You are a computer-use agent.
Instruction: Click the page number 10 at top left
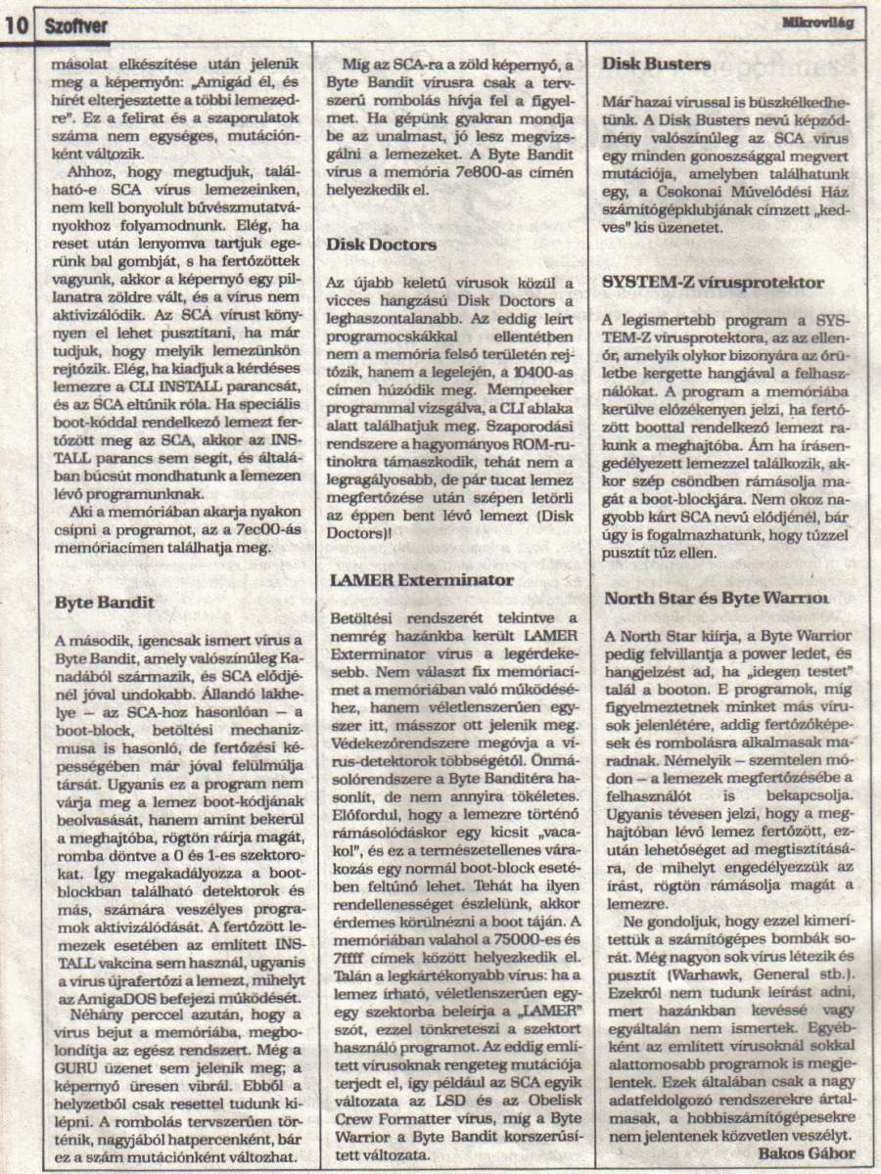coord(18,27)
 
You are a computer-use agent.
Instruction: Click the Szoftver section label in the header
coord(76,27)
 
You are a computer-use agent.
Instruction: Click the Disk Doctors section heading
coord(382,245)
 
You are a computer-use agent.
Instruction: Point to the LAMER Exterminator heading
coord(421,579)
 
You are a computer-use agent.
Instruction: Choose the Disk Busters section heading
coord(657,65)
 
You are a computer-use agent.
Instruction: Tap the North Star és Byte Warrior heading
coord(718,598)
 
